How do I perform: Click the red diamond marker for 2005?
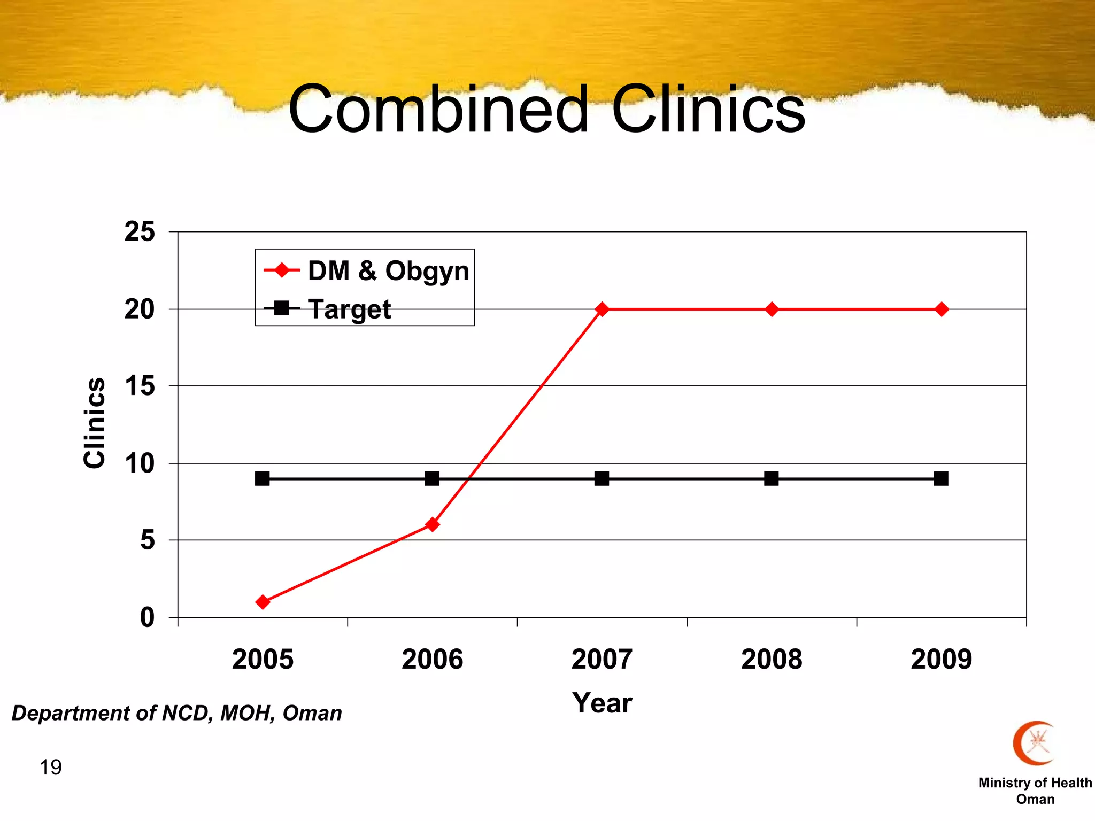tap(263, 602)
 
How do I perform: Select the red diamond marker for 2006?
tap(432, 524)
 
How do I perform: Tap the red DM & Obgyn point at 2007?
tap(602, 309)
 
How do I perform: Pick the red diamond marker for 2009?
tap(942, 309)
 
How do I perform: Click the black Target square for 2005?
tap(262, 478)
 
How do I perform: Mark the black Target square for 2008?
tap(771, 478)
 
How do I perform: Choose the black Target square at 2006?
tap(432, 478)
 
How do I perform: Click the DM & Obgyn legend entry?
tap(388, 270)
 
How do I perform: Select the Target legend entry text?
tap(350, 309)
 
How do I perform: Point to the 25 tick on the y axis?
tap(140, 232)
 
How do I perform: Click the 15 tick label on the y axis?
tap(140, 386)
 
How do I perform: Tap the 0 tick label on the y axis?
tap(147, 617)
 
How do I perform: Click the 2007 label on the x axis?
tap(602, 659)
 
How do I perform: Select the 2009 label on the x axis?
tap(941, 659)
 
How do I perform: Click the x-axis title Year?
tap(602, 702)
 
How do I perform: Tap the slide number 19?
tap(50, 768)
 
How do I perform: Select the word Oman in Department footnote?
tap(312, 713)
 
